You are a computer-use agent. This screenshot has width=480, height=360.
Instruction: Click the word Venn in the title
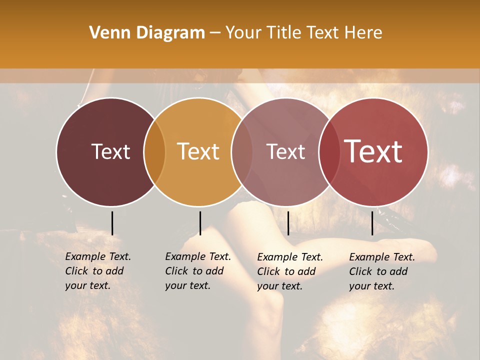click(x=106, y=33)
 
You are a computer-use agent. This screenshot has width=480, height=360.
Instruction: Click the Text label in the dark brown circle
click(x=110, y=151)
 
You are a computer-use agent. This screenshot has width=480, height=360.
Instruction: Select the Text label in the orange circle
click(x=198, y=151)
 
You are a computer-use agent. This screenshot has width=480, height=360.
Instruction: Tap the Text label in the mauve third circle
click(x=285, y=151)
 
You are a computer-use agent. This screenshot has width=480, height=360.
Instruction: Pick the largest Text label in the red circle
click(x=373, y=151)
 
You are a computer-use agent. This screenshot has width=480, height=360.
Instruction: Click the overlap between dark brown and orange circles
click(x=154, y=151)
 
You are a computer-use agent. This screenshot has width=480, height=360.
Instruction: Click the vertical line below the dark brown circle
click(x=112, y=223)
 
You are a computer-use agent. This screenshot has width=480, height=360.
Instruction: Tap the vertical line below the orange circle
click(x=200, y=223)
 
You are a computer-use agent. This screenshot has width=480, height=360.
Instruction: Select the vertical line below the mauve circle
click(x=288, y=223)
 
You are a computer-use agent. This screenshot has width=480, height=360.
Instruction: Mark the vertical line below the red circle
click(x=372, y=223)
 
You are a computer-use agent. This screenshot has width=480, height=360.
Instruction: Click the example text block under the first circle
click(x=97, y=271)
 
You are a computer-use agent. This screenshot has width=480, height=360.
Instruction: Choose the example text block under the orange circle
click(x=197, y=271)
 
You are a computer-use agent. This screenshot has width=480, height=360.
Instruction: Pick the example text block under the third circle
click(x=289, y=271)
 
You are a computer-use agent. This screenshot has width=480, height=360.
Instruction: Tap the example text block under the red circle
click(x=381, y=271)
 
